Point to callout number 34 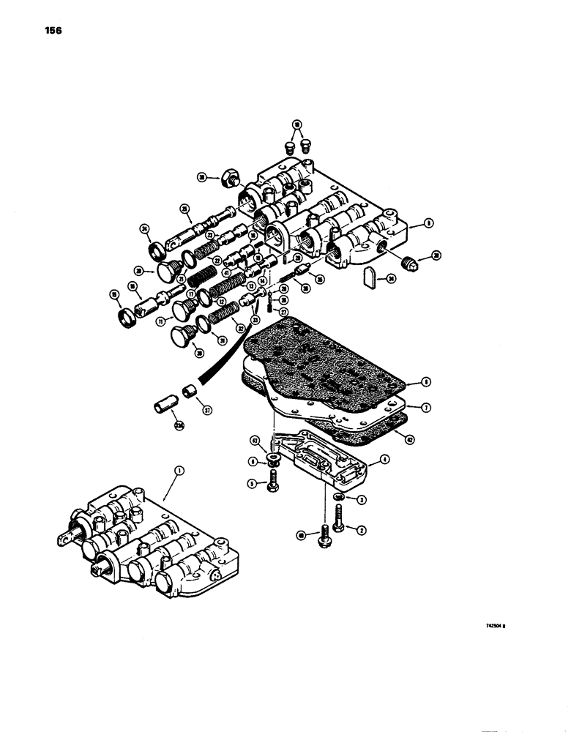tap(392, 278)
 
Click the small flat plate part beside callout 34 tap(370, 276)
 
